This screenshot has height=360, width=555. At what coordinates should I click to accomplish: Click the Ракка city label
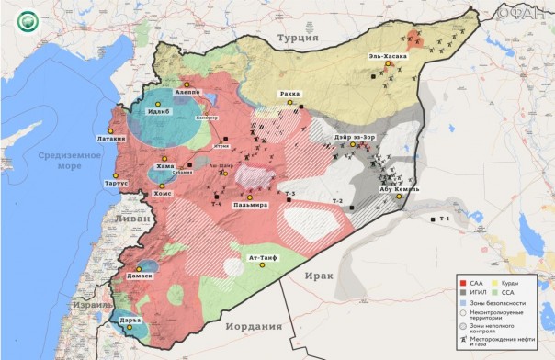(289, 94)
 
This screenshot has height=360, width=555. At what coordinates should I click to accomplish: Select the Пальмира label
(250, 205)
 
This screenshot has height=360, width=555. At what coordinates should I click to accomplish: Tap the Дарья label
(132, 321)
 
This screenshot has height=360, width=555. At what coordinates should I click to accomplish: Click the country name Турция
(298, 39)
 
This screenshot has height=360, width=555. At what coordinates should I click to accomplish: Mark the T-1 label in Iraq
(445, 219)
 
